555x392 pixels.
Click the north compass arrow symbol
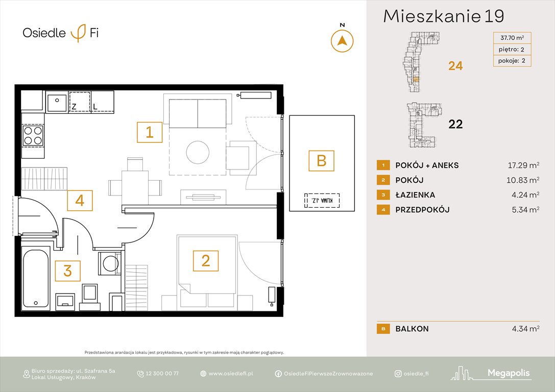click(342, 41)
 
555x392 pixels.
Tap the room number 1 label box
click(150, 133)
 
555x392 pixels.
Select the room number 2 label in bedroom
click(205, 261)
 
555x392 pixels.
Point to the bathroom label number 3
click(68, 271)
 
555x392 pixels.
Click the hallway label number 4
click(80, 201)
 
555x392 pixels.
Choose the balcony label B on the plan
click(321, 161)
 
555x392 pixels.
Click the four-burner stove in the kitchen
click(33, 135)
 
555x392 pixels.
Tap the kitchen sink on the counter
click(56, 102)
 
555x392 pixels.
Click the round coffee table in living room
click(198, 152)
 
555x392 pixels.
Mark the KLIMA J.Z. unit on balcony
click(321, 200)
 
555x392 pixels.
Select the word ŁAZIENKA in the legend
click(415, 195)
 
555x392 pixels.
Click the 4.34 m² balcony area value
click(525, 329)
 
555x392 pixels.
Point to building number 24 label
click(455, 65)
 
